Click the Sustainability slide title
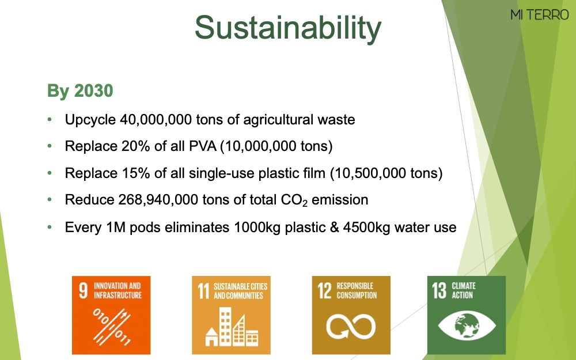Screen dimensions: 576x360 (288, 28)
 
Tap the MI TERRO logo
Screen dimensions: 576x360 (539, 15)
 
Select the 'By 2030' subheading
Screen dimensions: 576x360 (80, 91)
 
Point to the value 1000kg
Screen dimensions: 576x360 (257, 228)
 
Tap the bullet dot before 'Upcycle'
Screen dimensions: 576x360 (50, 119)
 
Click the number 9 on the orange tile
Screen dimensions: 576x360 (84, 290)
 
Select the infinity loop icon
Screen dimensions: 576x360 (351, 326)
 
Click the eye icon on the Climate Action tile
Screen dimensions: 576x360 (467, 325)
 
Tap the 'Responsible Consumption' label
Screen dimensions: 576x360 (357, 290)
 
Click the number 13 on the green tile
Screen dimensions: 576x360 (439, 290)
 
